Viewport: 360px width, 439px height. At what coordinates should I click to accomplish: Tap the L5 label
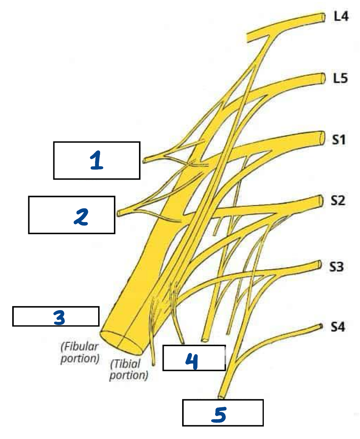pyautogui.click(x=341, y=78)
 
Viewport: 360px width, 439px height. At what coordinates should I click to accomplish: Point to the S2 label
pyautogui.click(x=338, y=201)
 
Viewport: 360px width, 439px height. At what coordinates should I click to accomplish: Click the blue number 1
pyautogui.click(x=96, y=161)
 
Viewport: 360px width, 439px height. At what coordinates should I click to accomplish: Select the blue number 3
pyautogui.click(x=59, y=318)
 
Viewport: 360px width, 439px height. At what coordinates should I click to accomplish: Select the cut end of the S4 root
pyautogui.click(x=321, y=326)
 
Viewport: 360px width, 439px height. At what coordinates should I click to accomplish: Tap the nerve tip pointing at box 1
pyautogui.click(x=145, y=160)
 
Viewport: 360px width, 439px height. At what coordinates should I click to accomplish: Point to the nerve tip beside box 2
pyautogui.click(x=119, y=213)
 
